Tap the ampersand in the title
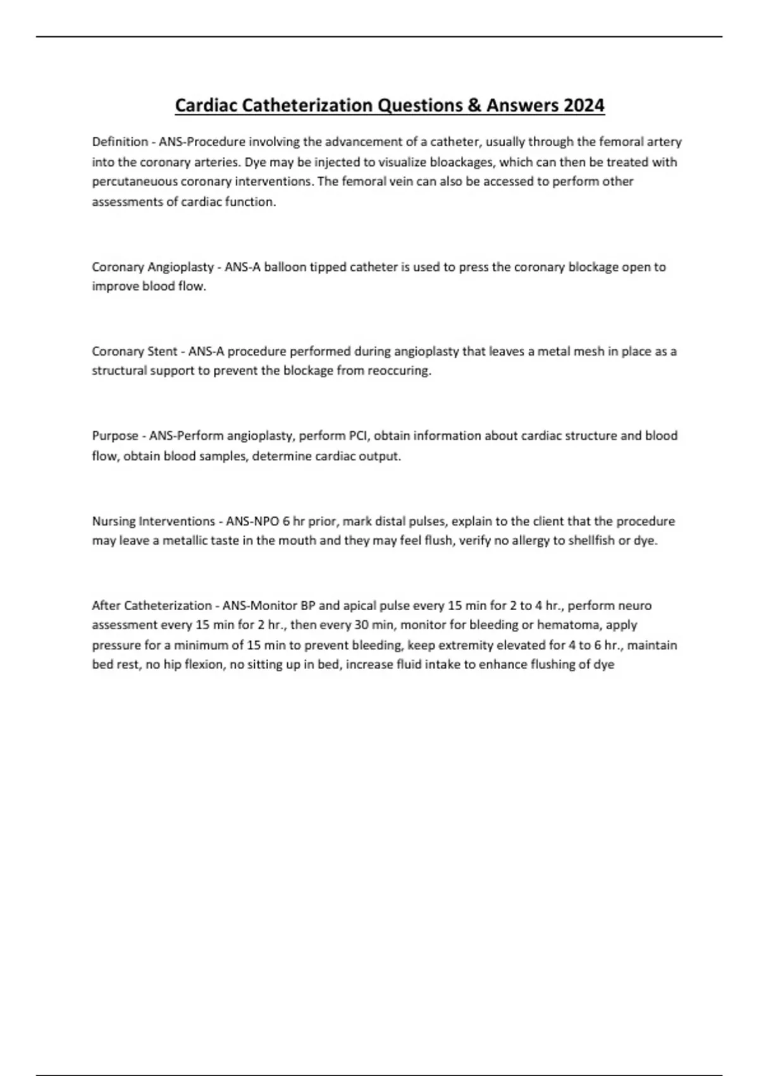474,105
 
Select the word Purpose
115,435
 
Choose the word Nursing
113,521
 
